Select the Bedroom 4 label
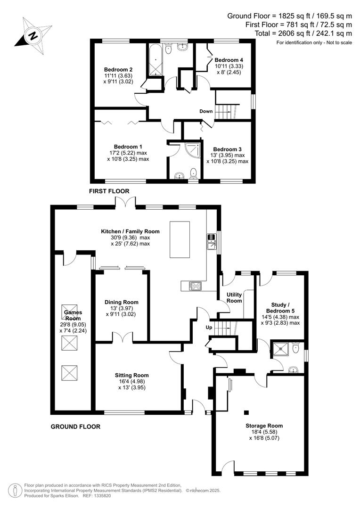[229, 60]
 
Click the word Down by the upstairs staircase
[206, 112]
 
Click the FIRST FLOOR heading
[109, 191]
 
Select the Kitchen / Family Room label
[130, 231]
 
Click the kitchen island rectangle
[180, 239]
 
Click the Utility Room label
[234, 297]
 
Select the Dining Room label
[122, 302]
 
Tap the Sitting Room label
[131, 375]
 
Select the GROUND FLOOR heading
[75, 427]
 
